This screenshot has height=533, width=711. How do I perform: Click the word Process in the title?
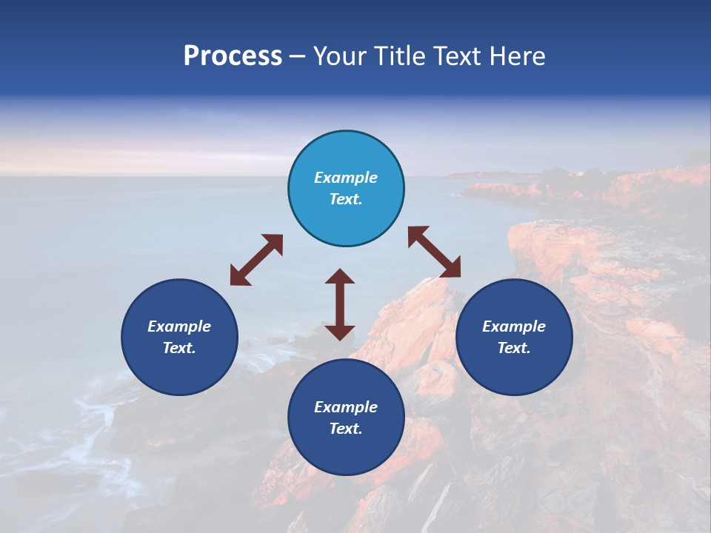tap(233, 56)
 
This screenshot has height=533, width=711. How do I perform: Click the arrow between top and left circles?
tap(256, 260)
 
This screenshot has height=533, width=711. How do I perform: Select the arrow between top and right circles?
tap(435, 252)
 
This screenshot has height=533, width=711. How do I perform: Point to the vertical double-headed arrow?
tap(340, 304)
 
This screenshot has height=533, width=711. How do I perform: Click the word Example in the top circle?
tap(346, 178)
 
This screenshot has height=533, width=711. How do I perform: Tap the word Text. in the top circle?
tap(346, 199)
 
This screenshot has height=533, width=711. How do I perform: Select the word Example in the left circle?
tap(179, 326)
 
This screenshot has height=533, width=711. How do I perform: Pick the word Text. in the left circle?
tap(179, 348)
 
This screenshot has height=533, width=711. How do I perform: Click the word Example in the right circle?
tap(514, 326)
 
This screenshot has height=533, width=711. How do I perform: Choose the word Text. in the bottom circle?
tap(346, 429)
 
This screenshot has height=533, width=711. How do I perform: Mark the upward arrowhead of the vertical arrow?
tap(340, 277)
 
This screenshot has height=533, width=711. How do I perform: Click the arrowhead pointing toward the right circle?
tap(451, 268)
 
